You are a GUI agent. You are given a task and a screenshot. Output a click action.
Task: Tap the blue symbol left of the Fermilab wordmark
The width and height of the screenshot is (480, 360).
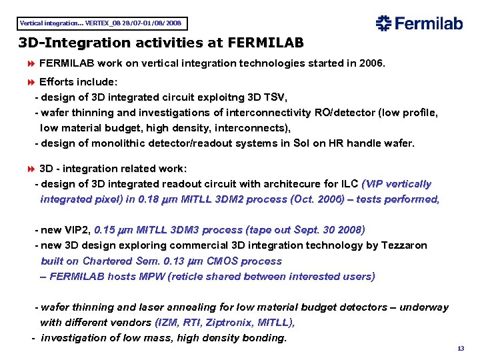383,23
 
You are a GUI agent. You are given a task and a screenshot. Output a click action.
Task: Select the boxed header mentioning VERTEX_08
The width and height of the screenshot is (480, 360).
101,23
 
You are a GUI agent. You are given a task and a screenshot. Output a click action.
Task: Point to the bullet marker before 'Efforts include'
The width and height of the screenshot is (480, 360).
30,83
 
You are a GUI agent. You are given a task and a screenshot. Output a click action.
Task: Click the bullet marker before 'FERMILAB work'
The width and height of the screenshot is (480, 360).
30,64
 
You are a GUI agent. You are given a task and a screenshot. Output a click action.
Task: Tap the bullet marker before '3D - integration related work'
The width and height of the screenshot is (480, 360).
30,169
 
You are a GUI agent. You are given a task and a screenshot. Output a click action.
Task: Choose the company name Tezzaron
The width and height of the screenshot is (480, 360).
403,245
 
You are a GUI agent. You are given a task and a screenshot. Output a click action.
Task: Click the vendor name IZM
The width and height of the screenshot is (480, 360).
167,323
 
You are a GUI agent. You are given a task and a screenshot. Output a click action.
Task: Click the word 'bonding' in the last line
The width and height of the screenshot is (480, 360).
264,338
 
